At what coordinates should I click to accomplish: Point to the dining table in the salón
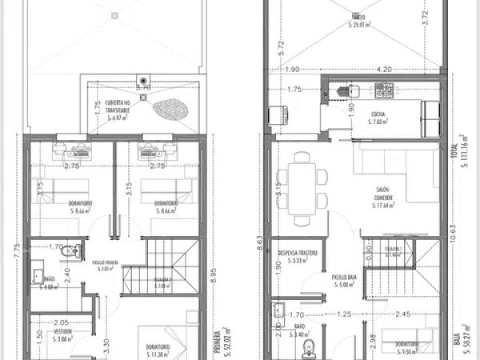pyautogui.click(x=302, y=189)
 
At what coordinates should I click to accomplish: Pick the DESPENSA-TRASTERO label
pyautogui.click(x=298, y=253)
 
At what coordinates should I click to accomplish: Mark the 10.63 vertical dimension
pyautogui.click(x=453, y=235)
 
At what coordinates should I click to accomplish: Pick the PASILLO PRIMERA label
pyautogui.click(x=106, y=264)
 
